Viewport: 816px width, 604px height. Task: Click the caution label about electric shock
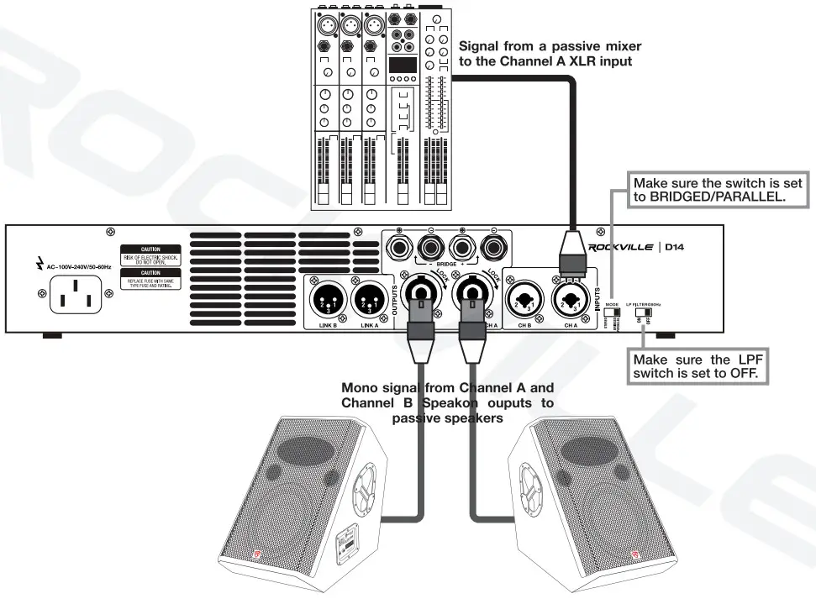click(150, 255)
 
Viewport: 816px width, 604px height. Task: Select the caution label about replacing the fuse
click(150, 278)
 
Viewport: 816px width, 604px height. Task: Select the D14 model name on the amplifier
click(677, 248)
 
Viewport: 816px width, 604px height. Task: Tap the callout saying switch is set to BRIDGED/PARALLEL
click(717, 190)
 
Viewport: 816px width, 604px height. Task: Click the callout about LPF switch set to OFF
click(700, 366)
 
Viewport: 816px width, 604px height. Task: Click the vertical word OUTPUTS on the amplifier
click(394, 298)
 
